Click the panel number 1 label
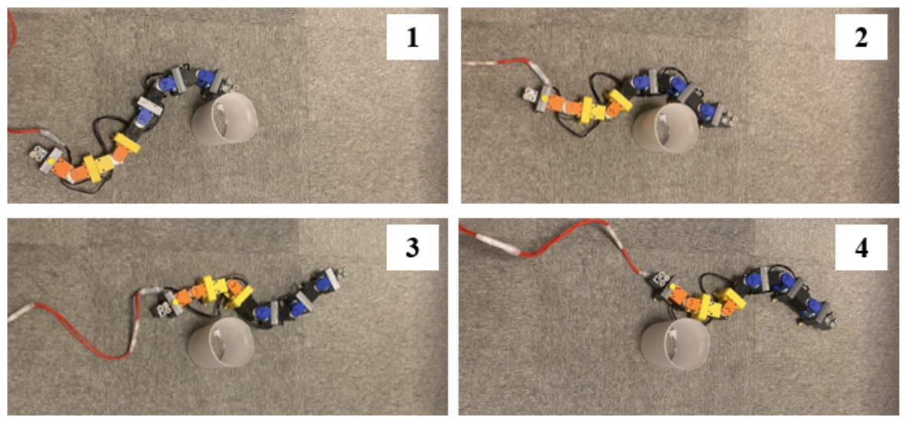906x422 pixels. [412, 37]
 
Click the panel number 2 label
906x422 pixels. [861, 37]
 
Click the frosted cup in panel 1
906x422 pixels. [224, 120]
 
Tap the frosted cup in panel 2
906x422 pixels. [666, 128]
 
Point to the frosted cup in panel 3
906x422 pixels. [221, 342]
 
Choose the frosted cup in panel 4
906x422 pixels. [675, 345]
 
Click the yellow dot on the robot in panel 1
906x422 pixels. [52, 159]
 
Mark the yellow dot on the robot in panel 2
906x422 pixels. [544, 99]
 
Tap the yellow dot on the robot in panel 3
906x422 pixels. [175, 302]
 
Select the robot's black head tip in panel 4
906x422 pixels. [829, 320]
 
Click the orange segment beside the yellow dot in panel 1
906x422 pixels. [62, 167]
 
